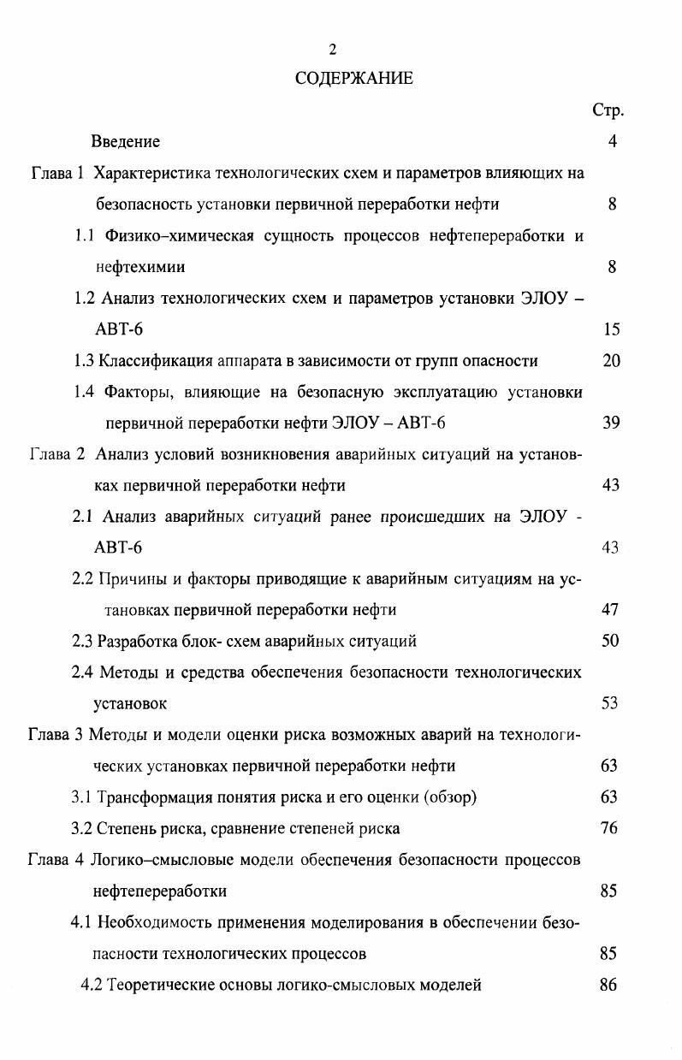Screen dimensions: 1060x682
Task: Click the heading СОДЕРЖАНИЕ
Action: pyautogui.click(x=354, y=79)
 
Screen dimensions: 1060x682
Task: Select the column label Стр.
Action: pyautogui.click(x=608, y=110)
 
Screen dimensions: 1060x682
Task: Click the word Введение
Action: pyautogui.click(x=126, y=141)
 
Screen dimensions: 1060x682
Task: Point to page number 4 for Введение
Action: pyautogui.click(x=613, y=141)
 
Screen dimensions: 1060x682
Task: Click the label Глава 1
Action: pyautogui.click(x=57, y=173)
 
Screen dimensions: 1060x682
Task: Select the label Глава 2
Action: pyautogui.click(x=57, y=454)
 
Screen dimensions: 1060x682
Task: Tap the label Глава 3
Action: pyautogui.click(x=56, y=735)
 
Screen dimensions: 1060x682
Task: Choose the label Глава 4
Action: pyautogui.click(x=56, y=860)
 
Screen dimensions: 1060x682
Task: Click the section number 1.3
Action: pyautogui.click(x=84, y=361)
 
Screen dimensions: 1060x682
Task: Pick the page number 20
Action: pyautogui.click(x=610, y=361)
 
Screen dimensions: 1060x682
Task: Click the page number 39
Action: pyautogui.click(x=610, y=423)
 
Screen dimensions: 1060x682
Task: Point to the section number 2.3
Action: pyautogui.click(x=82, y=641)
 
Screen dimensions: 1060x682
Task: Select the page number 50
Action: pyautogui.click(x=609, y=641)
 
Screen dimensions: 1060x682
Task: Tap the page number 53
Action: pyautogui.click(x=609, y=703)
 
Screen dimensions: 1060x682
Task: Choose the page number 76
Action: pyautogui.click(x=609, y=828)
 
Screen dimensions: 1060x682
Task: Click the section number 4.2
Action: pyautogui.click(x=91, y=985)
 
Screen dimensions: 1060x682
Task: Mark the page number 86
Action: pyautogui.click(x=608, y=985)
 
